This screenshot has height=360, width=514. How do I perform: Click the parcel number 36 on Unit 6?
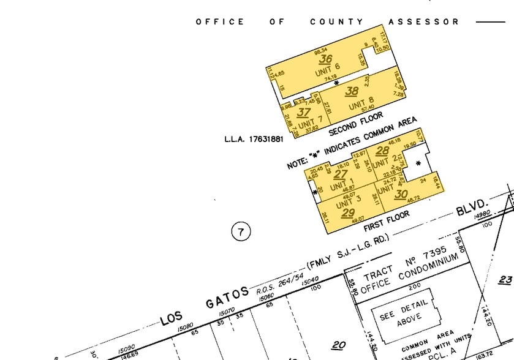point(325,59)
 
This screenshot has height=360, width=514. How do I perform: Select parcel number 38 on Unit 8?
point(351,91)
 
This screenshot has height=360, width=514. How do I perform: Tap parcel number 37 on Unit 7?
point(303,113)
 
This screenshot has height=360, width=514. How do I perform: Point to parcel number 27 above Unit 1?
point(341,174)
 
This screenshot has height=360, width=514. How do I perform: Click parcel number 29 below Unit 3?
point(348,213)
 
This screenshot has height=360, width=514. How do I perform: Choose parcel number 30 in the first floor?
point(401,194)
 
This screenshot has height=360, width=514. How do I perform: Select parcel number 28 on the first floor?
point(382,151)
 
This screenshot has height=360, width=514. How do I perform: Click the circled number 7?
point(241,231)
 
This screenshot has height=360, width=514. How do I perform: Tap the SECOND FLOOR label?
point(356,124)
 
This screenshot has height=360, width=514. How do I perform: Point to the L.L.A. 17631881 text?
point(254,140)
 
